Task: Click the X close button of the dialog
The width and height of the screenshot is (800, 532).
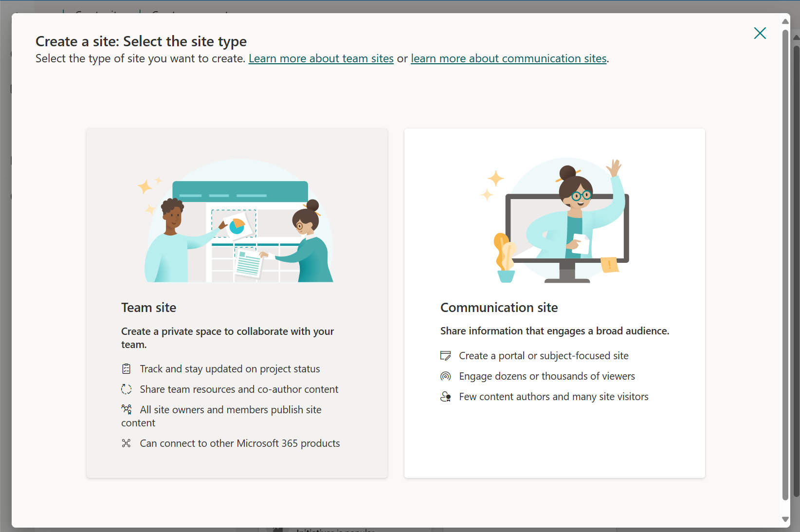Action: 760,33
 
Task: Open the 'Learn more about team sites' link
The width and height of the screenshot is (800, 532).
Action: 321,58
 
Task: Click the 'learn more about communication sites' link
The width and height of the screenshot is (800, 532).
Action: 509,58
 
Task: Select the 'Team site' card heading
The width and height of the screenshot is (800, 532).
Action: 148,307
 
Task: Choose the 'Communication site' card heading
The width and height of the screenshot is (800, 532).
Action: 499,307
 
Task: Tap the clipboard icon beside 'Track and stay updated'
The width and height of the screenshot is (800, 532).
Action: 126,369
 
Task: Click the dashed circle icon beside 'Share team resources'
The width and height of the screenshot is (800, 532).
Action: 126,389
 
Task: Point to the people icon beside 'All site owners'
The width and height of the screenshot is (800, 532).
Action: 126,409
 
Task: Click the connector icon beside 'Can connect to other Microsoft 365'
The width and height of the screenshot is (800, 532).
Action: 126,443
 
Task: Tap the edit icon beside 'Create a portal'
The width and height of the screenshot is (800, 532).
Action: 445,355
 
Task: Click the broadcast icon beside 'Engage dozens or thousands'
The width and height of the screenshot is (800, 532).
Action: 445,376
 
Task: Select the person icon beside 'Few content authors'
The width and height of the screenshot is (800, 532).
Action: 445,397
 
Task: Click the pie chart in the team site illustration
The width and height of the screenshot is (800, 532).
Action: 237,226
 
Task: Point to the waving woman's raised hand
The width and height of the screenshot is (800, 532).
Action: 614,167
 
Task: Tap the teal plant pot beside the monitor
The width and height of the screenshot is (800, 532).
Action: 506,276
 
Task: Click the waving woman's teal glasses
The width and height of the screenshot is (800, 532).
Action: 581,196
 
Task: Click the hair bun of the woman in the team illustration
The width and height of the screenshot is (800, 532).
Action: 312,205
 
